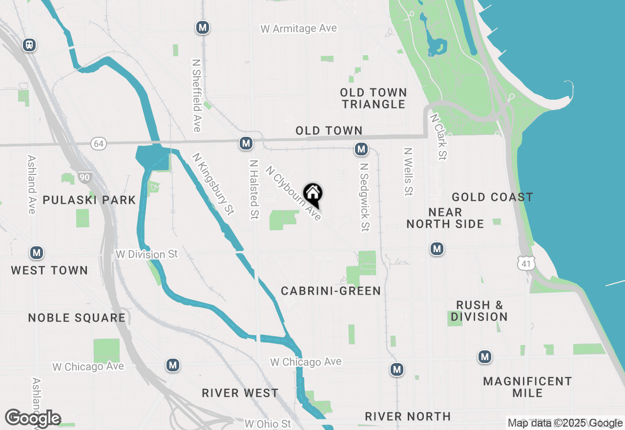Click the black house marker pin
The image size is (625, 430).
pos(313,194)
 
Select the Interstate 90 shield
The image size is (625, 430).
pos(85,177)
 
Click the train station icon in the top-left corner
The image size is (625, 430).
pos(29,45)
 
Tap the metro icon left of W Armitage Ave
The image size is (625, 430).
pos(203,27)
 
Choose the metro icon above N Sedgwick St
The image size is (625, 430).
pos(361,149)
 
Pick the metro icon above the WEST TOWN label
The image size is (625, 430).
pos(36,253)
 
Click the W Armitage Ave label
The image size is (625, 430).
pos(299,29)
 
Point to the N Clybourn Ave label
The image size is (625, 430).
pos(293,193)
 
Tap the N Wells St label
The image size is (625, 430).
pos(408,172)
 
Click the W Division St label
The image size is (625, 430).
pos(146,255)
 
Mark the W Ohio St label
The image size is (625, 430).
pos(268,423)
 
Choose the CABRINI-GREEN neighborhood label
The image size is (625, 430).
pos(331,291)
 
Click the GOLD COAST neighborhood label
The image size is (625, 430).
pos(492,197)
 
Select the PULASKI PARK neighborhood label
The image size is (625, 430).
pos(89,200)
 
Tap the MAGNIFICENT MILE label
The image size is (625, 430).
pos(527,387)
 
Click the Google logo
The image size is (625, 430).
pos(33,418)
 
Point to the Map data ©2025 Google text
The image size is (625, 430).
pos(565,423)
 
